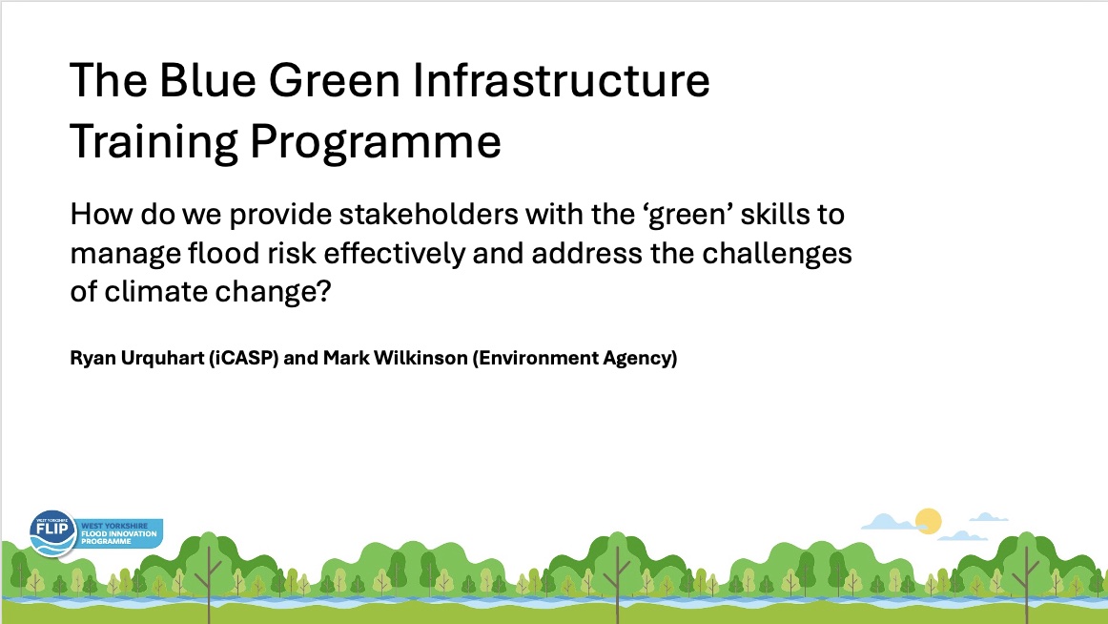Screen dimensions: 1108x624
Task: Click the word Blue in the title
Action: click(207, 80)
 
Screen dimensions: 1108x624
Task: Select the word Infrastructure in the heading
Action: click(561, 80)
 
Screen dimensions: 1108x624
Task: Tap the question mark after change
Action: click(324, 291)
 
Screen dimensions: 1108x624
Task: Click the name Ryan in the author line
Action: click(92, 359)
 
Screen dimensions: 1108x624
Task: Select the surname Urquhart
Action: click(162, 359)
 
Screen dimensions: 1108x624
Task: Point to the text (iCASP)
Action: click(243, 359)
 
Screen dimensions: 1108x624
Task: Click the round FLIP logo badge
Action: click(53, 532)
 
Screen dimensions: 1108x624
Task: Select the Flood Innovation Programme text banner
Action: click(120, 533)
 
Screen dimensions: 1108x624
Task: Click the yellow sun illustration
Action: click(929, 522)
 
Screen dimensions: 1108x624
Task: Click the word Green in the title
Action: click(335, 80)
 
